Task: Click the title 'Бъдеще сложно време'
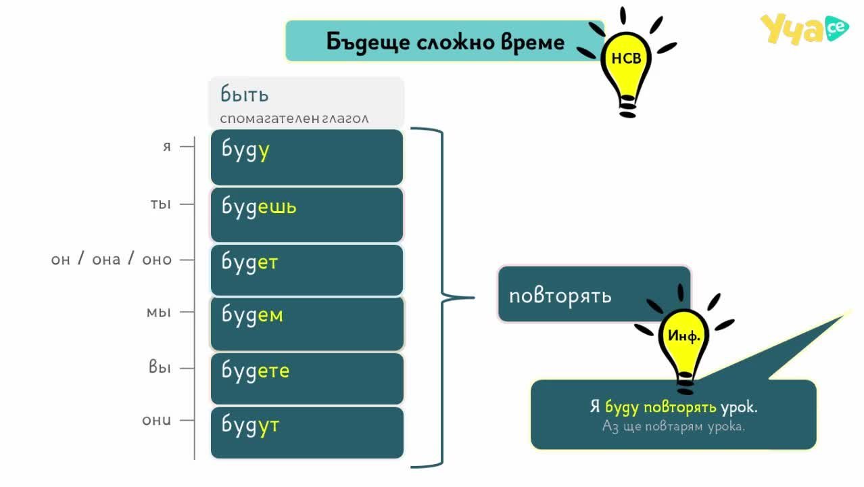click(446, 42)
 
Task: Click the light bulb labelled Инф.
click(684, 340)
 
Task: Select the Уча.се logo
click(805, 28)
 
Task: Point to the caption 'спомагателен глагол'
click(294, 118)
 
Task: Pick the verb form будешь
click(259, 206)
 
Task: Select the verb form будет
click(249, 262)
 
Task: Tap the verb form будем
click(252, 315)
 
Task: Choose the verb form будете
click(256, 371)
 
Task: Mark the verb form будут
click(250, 425)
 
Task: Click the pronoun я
click(166, 147)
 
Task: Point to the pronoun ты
click(160, 204)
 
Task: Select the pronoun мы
click(158, 312)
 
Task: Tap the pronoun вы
click(160, 367)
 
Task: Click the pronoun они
click(156, 420)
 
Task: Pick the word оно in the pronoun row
click(157, 260)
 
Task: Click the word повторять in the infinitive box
click(560, 296)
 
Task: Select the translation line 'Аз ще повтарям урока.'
click(673, 426)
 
